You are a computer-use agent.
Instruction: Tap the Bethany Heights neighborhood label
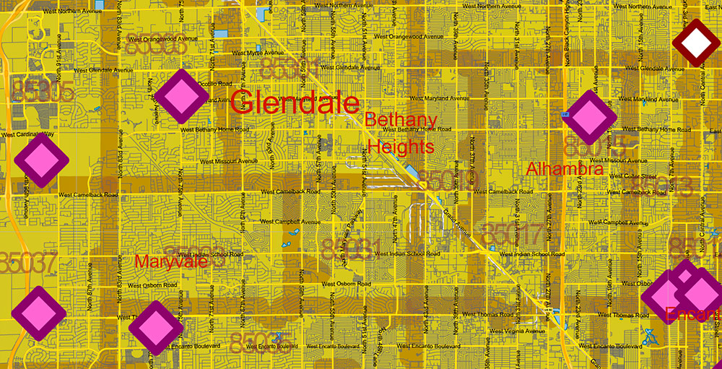tap(401, 133)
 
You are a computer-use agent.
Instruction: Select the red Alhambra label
tap(565, 169)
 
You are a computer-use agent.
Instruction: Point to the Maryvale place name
tap(171, 261)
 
